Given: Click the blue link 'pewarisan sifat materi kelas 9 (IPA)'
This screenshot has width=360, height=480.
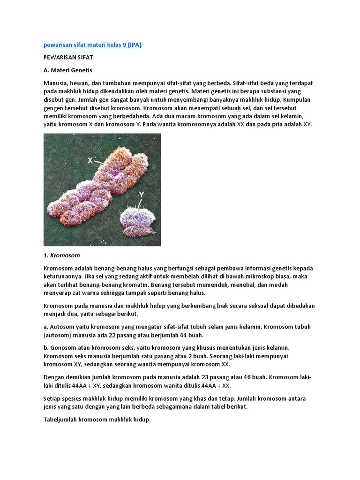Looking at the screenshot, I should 92,45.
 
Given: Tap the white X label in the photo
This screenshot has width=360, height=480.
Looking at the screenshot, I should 90,160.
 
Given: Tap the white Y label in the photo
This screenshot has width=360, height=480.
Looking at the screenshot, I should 141,194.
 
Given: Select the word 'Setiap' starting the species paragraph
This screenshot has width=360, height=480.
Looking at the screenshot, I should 52,398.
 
